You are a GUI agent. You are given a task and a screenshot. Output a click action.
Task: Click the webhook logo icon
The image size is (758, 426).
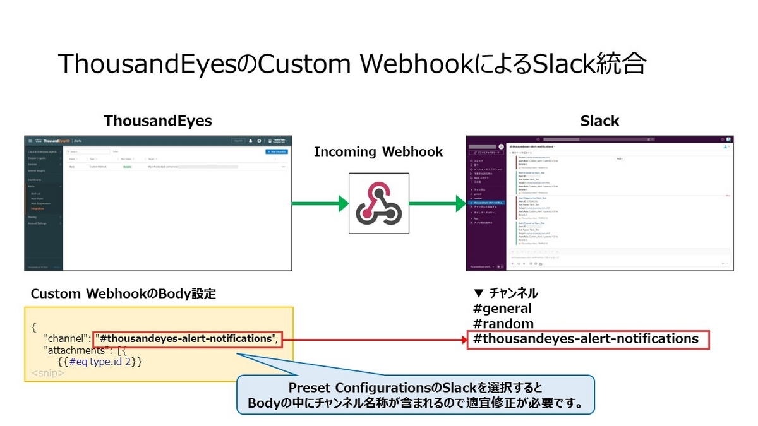[x=378, y=203]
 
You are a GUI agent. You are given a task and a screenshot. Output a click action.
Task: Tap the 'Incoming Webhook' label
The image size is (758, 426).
[x=378, y=151]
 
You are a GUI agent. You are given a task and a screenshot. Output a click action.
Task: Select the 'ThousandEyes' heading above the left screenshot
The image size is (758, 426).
[x=158, y=121]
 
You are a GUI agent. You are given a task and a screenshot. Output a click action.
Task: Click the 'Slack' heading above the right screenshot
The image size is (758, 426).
[x=599, y=121]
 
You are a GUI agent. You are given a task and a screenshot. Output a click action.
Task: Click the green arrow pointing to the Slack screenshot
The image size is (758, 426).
[x=437, y=203]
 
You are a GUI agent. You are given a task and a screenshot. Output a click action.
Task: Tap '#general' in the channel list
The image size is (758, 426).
[x=502, y=309]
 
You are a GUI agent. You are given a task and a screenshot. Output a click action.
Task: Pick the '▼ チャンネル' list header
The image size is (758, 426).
[x=505, y=293]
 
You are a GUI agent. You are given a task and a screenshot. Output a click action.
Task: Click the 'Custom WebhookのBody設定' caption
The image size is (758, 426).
[x=123, y=294]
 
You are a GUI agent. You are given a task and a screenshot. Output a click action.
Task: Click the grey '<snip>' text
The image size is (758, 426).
[x=48, y=374]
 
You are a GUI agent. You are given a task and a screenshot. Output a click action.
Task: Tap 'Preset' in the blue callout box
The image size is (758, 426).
[x=310, y=387]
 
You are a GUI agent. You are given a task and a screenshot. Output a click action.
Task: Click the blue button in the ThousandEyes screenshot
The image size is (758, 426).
[x=276, y=152]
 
